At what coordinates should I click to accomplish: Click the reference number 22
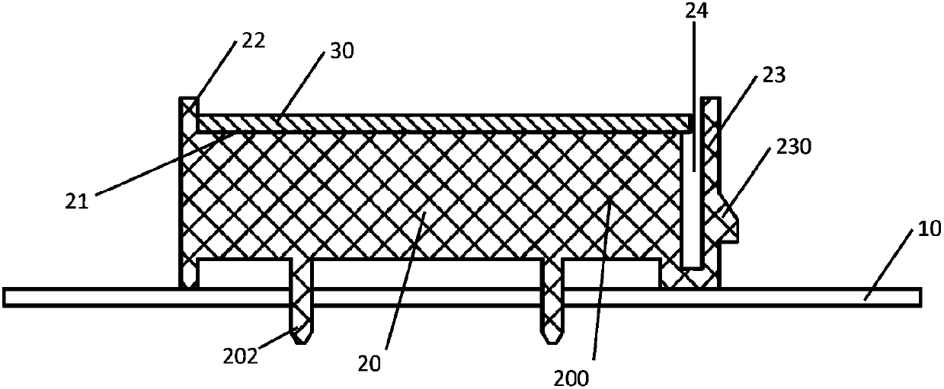point(254,40)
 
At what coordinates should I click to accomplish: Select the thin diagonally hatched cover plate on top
point(442,123)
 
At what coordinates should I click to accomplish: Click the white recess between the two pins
point(427,273)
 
